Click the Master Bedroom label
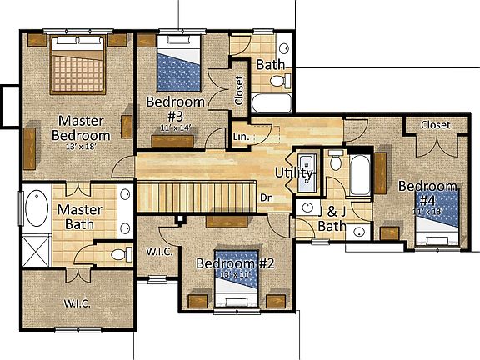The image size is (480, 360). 81,127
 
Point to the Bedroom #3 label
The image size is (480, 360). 176,109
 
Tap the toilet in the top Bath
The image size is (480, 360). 278,81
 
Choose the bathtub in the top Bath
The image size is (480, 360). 271,104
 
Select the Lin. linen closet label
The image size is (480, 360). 242,136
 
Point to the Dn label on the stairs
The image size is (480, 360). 267,197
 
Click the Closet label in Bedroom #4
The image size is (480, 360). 435,124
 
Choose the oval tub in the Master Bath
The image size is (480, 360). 37,209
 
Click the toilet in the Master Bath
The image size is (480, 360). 118,253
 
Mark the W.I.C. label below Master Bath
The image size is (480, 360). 77,302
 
